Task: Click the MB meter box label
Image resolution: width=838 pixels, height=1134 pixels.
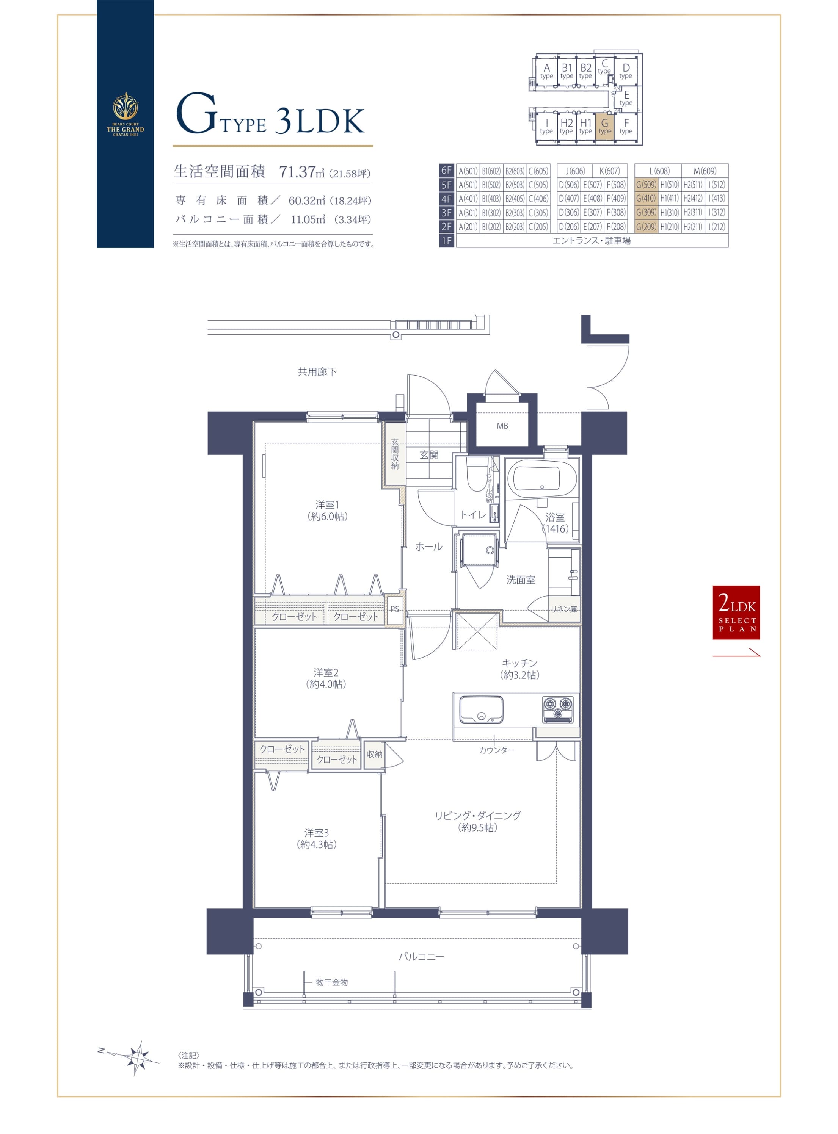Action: point(502,426)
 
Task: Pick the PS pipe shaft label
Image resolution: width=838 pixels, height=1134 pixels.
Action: point(395,609)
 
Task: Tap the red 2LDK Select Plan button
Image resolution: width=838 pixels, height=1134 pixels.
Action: point(736,612)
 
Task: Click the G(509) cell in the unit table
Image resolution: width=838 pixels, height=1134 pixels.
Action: point(646,185)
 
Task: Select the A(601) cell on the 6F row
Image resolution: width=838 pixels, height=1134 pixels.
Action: point(468,171)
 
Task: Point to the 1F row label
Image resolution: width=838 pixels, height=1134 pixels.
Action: point(446,241)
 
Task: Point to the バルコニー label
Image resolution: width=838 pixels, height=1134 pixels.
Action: point(421,957)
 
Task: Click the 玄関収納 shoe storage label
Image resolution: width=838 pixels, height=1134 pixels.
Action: point(395,454)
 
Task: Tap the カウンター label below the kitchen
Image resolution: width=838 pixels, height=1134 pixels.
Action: point(497,750)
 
